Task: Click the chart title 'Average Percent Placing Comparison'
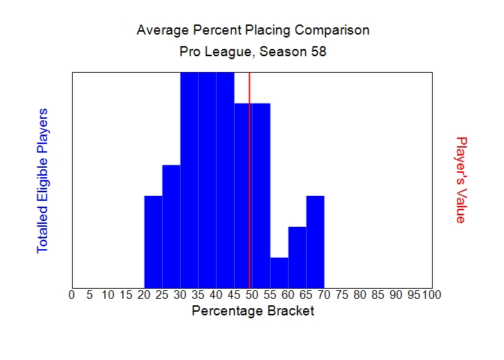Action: pos(253,30)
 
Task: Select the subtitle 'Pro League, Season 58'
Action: pos(253,53)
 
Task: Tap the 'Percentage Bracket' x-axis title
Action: pos(253,312)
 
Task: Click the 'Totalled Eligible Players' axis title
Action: pos(42,180)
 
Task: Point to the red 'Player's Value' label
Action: pos(462,180)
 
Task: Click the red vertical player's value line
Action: pos(249,180)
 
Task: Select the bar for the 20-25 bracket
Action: pos(153,241)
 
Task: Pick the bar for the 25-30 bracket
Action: pos(171,226)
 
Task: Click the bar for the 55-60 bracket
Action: pos(279,272)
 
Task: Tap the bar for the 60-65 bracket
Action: pos(297,257)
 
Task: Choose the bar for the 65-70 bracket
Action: pos(315,241)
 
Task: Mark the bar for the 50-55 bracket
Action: pos(261,195)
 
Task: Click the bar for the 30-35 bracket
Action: pos(189,180)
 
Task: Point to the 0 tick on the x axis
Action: pos(71,294)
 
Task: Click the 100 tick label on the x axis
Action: pos(431,294)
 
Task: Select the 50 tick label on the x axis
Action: pos(252,294)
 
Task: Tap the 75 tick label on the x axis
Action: pos(342,294)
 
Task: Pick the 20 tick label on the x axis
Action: pos(144,294)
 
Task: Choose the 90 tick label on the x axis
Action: pos(396,294)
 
